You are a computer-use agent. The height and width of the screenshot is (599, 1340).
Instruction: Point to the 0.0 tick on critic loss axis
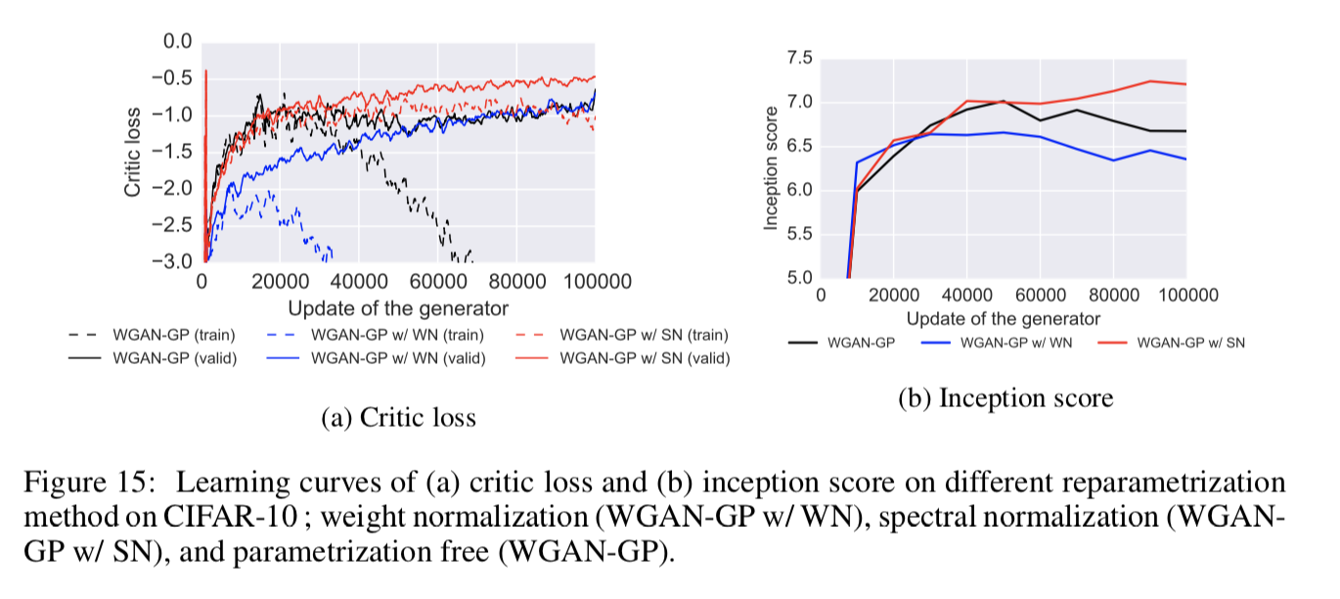tap(178, 41)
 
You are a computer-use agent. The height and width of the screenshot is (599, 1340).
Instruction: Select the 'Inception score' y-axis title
tap(771, 168)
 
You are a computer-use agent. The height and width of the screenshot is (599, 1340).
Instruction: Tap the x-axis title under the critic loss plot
tap(399, 308)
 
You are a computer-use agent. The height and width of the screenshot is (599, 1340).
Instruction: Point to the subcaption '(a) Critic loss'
tap(398, 418)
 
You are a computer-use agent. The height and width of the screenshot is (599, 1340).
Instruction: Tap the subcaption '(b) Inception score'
tap(1005, 398)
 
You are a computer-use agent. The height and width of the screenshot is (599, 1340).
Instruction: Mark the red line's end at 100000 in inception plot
tap(1185, 84)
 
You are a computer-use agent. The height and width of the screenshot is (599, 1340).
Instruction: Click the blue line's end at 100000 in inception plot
tap(1185, 160)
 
